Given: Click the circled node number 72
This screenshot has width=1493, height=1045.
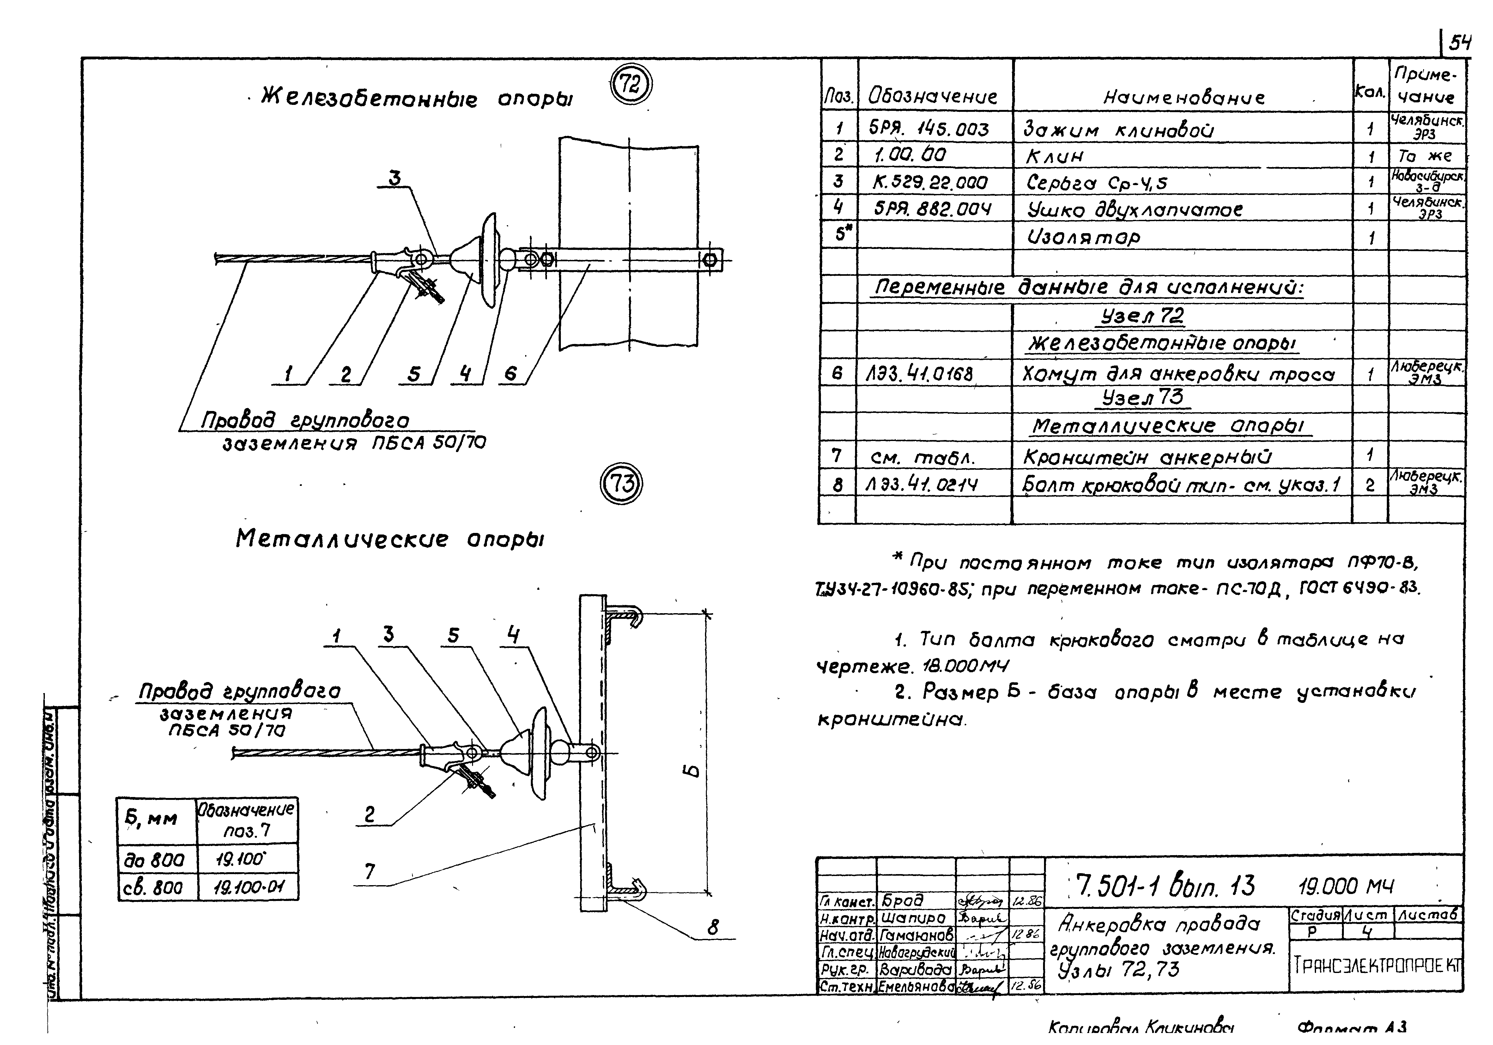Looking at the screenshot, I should [629, 86].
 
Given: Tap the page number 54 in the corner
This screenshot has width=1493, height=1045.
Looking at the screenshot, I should [1459, 43].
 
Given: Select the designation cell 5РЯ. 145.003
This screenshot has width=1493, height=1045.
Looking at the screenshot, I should [929, 130].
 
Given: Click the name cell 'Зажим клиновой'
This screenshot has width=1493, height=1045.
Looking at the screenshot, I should [1119, 130].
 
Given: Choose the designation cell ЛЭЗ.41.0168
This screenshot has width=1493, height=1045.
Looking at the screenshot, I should [919, 374].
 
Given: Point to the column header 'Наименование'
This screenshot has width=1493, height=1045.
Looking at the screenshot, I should [1183, 98].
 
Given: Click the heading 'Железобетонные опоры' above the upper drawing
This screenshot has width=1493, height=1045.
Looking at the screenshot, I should [416, 99].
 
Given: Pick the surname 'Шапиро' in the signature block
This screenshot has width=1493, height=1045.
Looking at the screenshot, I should [913, 918].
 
